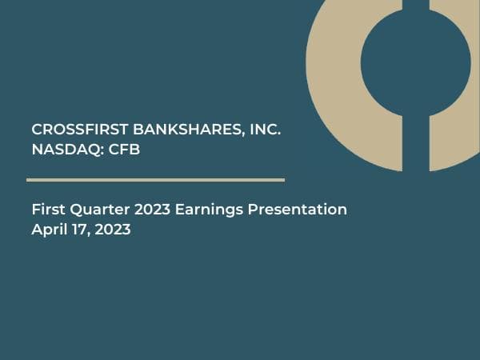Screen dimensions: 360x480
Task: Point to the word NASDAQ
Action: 63,149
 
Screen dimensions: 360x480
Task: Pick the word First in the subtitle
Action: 47,210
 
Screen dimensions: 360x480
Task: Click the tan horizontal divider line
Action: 155,180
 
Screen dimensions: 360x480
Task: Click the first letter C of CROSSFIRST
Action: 37,130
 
